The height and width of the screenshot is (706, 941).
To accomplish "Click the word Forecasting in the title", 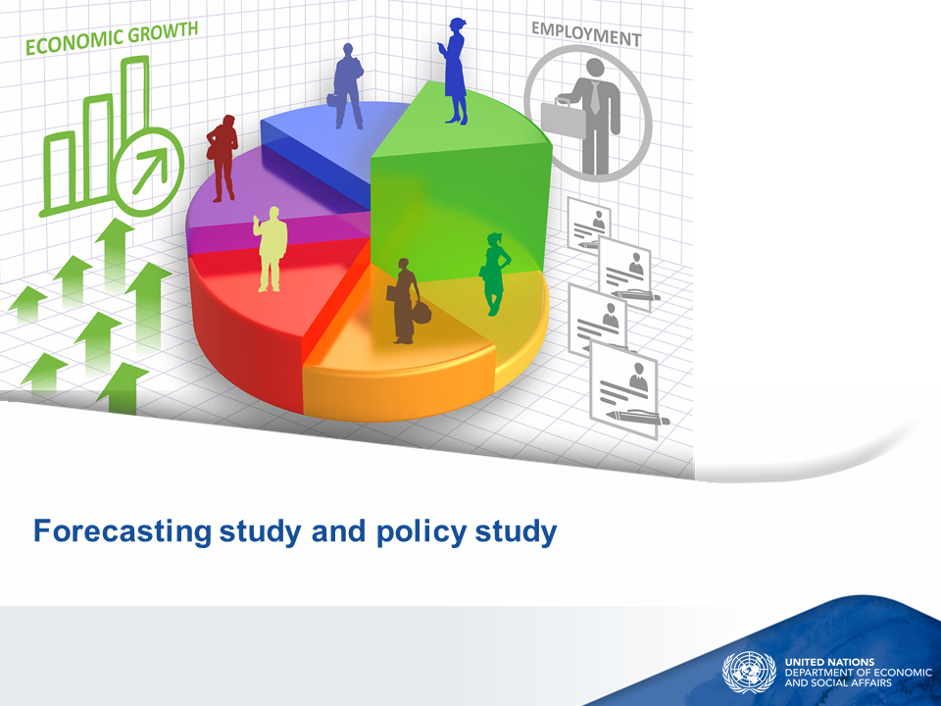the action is pyautogui.click(x=123, y=531).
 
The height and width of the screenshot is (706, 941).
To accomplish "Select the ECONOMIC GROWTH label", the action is pyautogui.click(x=112, y=38).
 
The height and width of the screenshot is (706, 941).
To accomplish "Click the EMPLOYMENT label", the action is pyautogui.click(x=586, y=33).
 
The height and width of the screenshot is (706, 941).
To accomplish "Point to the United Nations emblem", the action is pyautogui.click(x=749, y=673).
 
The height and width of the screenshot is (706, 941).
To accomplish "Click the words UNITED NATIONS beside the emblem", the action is pyautogui.click(x=829, y=662).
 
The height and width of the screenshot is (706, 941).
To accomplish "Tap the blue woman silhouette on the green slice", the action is pyautogui.click(x=456, y=72).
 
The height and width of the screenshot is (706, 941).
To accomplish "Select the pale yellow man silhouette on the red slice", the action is pyautogui.click(x=271, y=249).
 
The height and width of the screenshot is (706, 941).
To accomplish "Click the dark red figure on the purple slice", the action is pyautogui.click(x=223, y=158).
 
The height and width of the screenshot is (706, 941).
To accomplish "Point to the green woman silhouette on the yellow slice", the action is pyautogui.click(x=495, y=274).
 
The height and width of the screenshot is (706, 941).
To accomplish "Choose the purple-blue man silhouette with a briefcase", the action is pyautogui.click(x=347, y=86).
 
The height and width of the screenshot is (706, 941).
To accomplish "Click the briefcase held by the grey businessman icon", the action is pyautogui.click(x=563, y=119).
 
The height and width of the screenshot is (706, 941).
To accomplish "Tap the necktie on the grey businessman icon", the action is pyautogui.click(x=594, y=96).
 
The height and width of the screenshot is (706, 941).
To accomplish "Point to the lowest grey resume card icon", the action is pyautogui.click(x=627, y=390).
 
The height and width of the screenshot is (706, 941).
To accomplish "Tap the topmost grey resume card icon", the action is pyautogui.click(x=589, y=226).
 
